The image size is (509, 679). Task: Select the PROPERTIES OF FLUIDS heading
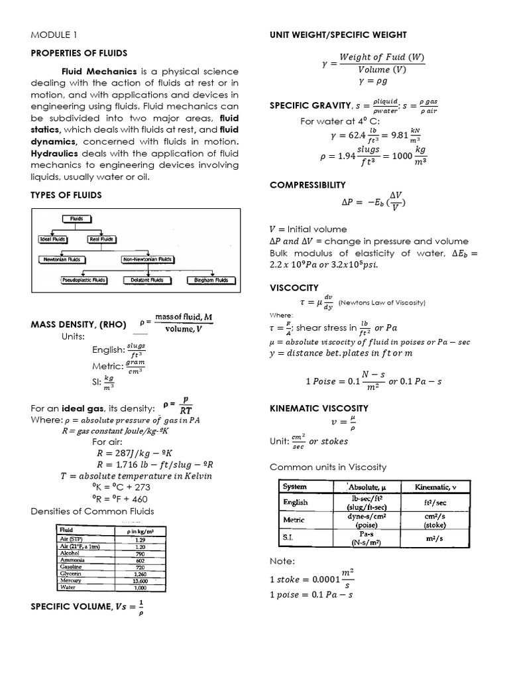tap(80, 52)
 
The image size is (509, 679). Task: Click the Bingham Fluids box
tap(211, 280)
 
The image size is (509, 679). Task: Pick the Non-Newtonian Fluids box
tap(147, 259)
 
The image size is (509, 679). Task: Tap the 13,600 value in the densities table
tap(140, 580)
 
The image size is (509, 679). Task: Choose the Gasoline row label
tap(71, 567)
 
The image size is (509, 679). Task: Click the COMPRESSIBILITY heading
tap(308, 184)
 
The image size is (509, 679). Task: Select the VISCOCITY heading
tap(294, 287)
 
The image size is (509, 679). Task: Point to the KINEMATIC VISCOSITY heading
tap(319, 408)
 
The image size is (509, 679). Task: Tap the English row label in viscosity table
tap(296, 503)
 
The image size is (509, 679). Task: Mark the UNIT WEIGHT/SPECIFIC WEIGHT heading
tap(338, 34)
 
